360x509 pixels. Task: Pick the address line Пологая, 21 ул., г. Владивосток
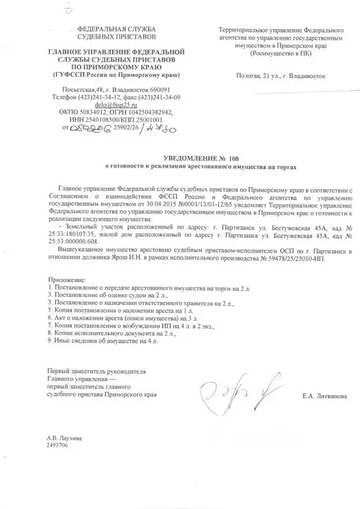(281, 76)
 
